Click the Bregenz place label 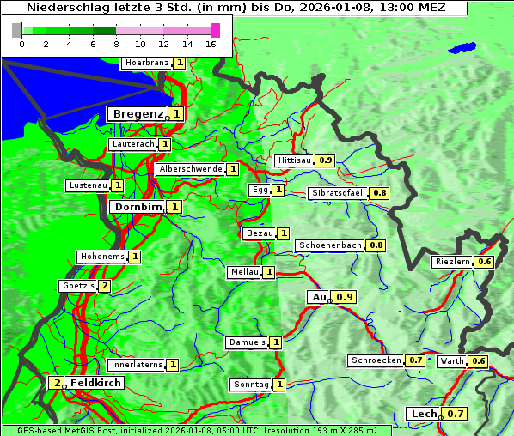[x=138, y=113]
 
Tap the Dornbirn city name [x=138, y=207]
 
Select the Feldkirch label [x=95, y=383]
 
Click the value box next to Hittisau [x=326, y=160]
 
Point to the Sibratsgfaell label [x=339, y=193]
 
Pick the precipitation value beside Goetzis [x=104, y=286]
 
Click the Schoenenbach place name [x=330, y=245]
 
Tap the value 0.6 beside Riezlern [x=485, y=262]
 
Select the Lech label [x=424, y=414]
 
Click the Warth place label [x=452, y=361]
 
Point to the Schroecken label [x=376, y=360]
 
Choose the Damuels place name [x=247, y=342]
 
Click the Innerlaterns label [x=137, y=365]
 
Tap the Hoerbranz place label [x=146, y=63]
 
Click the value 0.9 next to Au [x=345, y=297]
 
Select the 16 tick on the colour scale [x=211, y=45]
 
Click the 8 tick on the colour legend [x=116, y=45]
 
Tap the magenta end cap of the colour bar [x=215, y=30]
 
